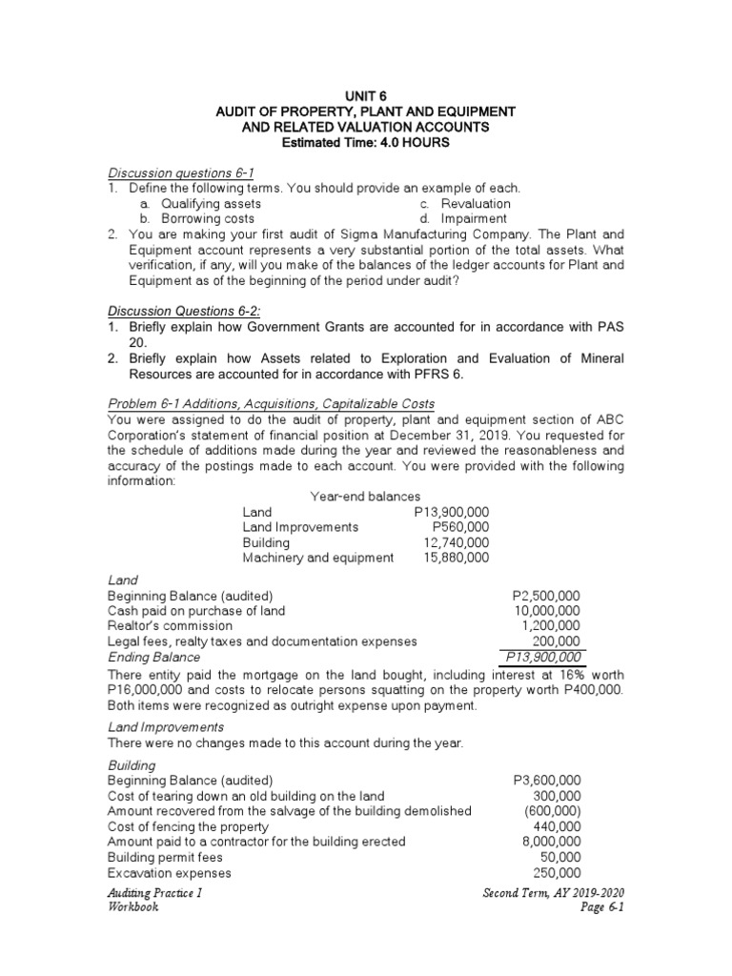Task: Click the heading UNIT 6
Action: [365, 96]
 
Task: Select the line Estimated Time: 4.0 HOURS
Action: [365, 142]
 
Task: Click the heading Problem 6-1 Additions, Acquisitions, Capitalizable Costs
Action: [271, 404]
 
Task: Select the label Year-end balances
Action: [365, 496]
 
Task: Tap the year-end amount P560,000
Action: [460, 526]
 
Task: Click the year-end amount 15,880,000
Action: [457, 557]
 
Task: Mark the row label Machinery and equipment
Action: [317, 557]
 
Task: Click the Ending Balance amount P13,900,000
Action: [543, 657]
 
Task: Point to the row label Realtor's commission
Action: [170, 625]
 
